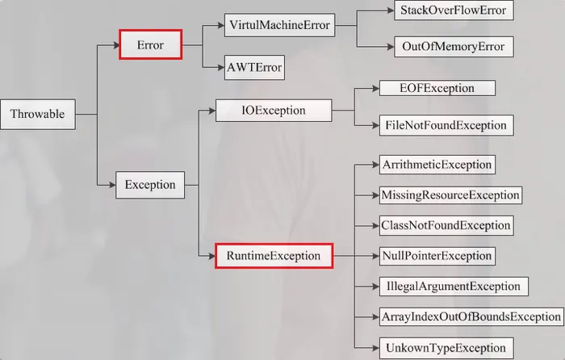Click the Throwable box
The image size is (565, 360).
coord(37,114)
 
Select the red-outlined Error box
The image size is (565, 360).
coord(151,45)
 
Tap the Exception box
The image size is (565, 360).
coord(150,185)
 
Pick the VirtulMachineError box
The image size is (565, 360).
coord(278,25)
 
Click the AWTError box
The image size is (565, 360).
coord(255,67)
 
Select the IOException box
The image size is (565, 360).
coord(274,111)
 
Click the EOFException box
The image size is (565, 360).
coord(437,88)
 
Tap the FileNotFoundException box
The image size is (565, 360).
coord(445,125)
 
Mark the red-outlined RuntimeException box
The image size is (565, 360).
coord(274,256)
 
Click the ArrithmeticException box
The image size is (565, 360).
coord(436,165)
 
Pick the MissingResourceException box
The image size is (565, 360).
coord(450,195)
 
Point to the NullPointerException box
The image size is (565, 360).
coord(437,256)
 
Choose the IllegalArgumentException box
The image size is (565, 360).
coord(453,286)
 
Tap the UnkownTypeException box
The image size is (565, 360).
coord(445,348)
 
